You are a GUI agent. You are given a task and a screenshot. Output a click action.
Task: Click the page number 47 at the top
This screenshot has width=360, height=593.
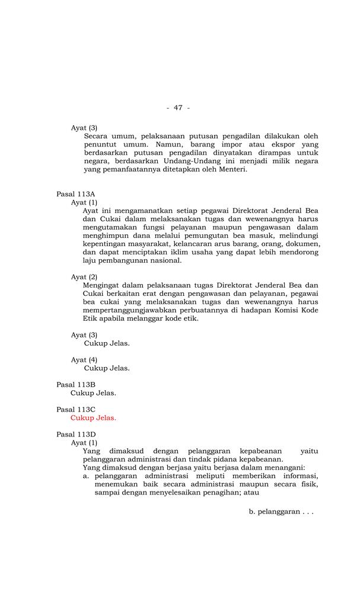178,107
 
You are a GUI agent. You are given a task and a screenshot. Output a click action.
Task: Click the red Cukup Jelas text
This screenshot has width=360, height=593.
93,417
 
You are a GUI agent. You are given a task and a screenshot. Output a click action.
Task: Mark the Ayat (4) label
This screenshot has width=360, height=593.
84,359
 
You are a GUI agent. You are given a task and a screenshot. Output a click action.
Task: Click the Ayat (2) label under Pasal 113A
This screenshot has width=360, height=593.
84,277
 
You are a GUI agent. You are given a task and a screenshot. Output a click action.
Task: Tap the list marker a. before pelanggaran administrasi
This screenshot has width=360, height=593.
87,476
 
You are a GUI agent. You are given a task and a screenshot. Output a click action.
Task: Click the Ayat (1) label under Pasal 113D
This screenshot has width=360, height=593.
84,442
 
